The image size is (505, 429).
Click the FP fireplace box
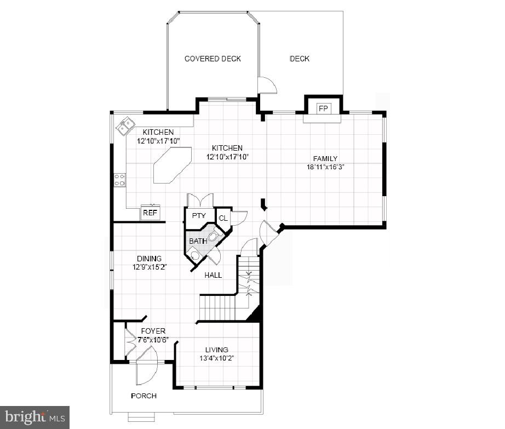click(323, 108)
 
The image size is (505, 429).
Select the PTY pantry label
click(198, 216)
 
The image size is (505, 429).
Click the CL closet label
click(223, 218)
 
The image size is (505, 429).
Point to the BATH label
click(198, 241)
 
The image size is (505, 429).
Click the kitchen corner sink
click(125, 125)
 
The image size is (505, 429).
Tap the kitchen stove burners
click(119, 180)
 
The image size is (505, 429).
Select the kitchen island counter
click(172, 165)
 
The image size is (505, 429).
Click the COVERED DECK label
click(213, 59)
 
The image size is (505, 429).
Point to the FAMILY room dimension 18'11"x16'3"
click(325, 168)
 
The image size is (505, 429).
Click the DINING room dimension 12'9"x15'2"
click(149, 267)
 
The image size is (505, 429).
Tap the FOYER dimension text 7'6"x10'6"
click(153, 340)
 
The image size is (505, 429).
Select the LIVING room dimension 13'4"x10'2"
click(217, 358)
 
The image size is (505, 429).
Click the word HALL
click(213, 275)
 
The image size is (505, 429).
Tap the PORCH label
click(144, 396)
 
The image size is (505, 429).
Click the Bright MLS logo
click(35, 417)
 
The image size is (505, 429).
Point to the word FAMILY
click(325, 159)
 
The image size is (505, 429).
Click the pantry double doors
click(198, 200)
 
